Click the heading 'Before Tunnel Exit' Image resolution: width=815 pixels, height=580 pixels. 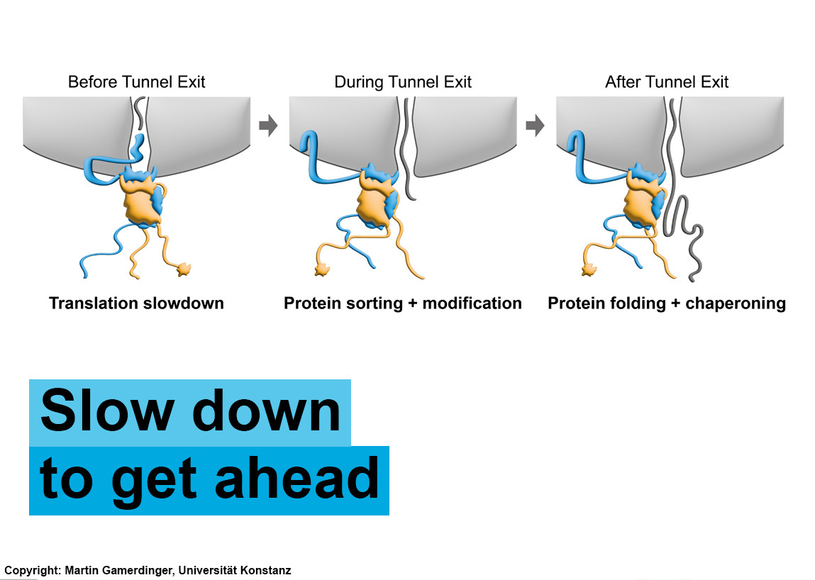point(137,82)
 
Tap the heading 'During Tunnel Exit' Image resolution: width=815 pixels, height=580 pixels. point(403,82)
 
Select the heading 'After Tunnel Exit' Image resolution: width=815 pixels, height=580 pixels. point(667,82)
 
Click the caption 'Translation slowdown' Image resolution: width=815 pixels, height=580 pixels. point(136,303)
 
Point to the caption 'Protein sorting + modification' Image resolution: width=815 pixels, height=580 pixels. point(403,303)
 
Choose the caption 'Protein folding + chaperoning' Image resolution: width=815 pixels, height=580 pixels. point(667,303)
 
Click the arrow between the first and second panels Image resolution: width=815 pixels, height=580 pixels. point(268,126)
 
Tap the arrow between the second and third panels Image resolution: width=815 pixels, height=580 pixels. point(535,126)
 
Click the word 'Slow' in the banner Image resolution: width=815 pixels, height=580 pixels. point(106,411)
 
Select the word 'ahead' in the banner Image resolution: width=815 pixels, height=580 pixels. point(296,478)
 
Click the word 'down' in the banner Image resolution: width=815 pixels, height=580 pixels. point(267,411)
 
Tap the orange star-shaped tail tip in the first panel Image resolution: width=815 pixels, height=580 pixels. point(184,269)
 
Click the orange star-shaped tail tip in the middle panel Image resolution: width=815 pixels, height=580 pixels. point(322,269)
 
